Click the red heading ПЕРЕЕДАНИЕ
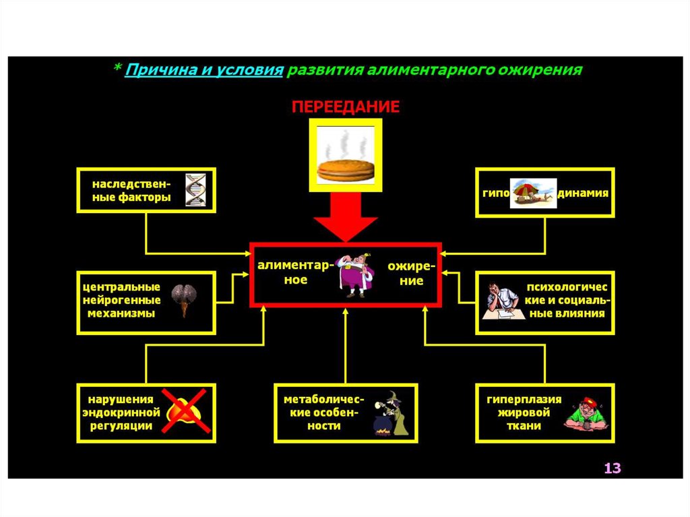345,107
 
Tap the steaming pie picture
346,156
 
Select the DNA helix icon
195,189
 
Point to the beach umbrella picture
533,193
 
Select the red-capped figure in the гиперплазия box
586,413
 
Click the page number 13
611,468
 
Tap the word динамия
584,192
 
